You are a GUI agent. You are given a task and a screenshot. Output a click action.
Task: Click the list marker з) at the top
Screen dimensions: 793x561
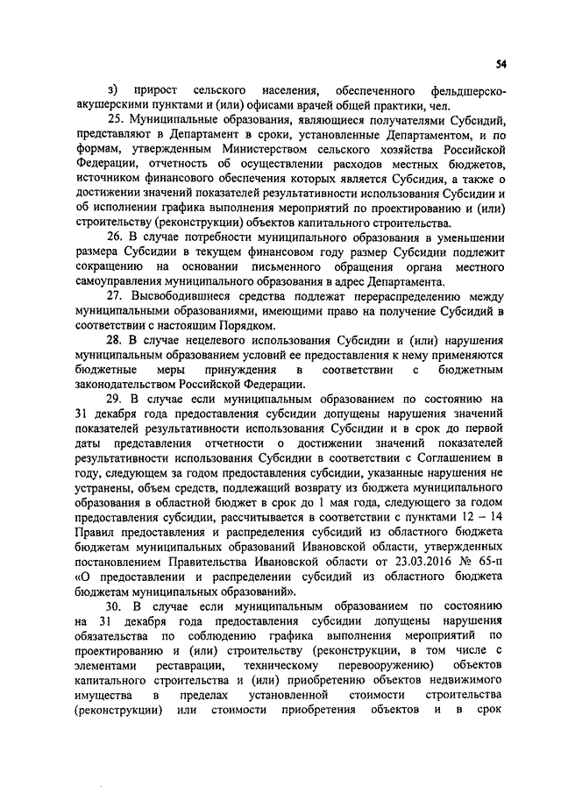click(x=111, y=89)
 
